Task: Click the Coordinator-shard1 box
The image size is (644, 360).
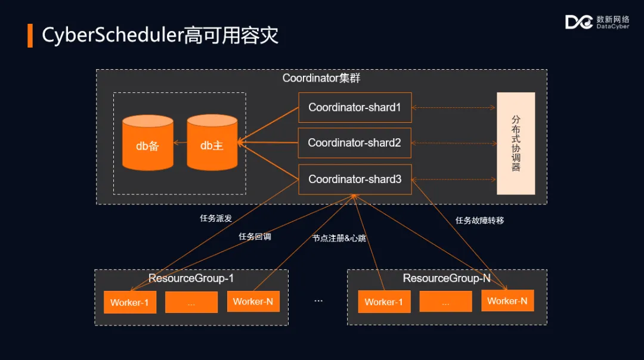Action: [x=355, y=108]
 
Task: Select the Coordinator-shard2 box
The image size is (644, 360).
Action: [x=355, y=143]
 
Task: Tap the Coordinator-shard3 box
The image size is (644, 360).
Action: [x=355, y=179]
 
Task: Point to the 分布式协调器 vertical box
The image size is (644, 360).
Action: [x=516, y=143]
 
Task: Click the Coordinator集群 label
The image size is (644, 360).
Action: [x=321, y=78]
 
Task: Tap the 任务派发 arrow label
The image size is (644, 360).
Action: [x=216, y=219]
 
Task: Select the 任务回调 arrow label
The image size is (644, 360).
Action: [x=255, y=237]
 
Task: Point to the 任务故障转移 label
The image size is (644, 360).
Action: [x=479, y=221]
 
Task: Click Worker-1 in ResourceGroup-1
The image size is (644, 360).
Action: [x=129, y=302]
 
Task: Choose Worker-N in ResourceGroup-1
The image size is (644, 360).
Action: [x=253, y=302]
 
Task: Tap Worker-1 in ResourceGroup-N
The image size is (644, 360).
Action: [x=383, y=302]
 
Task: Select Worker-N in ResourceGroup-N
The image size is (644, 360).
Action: [x=507, y=301]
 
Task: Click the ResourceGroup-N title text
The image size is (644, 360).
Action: [x=447, y=278]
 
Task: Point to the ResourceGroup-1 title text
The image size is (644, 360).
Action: [x=191, y=278]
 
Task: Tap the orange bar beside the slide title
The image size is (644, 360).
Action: [x=30, y=36]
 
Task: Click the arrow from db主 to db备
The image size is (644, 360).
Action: [x=180, y=143]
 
